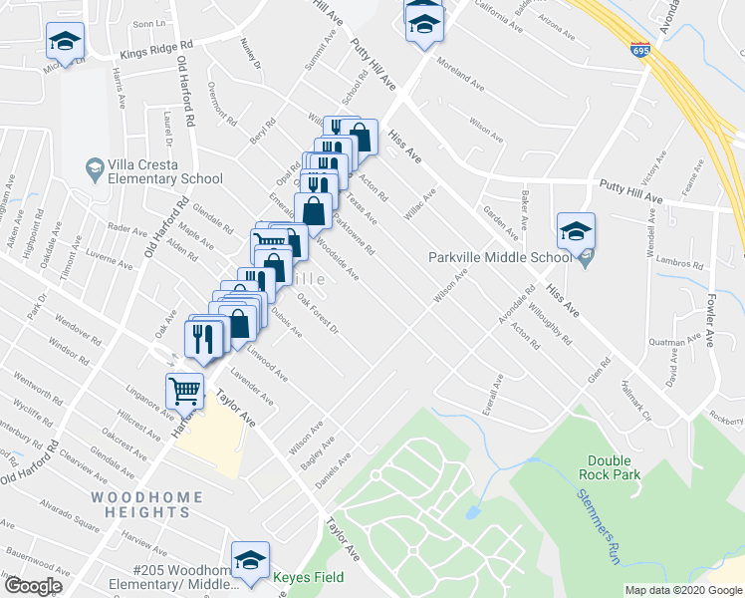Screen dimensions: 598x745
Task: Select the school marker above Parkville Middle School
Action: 575,232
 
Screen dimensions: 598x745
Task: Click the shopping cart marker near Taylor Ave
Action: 184,391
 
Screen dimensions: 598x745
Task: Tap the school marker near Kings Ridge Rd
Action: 65,42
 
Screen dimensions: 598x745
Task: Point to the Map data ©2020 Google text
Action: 683,590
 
